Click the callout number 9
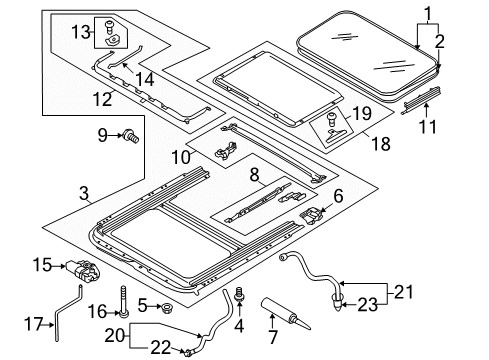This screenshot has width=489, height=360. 103,135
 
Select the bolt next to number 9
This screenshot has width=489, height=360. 130,136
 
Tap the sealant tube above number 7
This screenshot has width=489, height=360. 286,314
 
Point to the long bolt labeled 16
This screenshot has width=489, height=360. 124,301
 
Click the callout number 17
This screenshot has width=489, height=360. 34,324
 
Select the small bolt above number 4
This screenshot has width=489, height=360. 239,294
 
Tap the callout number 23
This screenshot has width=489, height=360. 368,304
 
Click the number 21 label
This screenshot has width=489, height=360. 404,292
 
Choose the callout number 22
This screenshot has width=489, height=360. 161,347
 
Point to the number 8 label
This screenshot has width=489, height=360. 254,175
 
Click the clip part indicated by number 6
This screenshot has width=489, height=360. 311,216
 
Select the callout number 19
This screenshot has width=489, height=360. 362,114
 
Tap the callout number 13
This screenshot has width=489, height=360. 81,32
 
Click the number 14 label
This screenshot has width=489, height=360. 145,80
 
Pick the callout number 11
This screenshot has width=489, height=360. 428,127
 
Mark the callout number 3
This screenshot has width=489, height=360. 84,193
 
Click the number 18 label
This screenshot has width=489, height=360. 381,144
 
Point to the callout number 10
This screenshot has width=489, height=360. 181,157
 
